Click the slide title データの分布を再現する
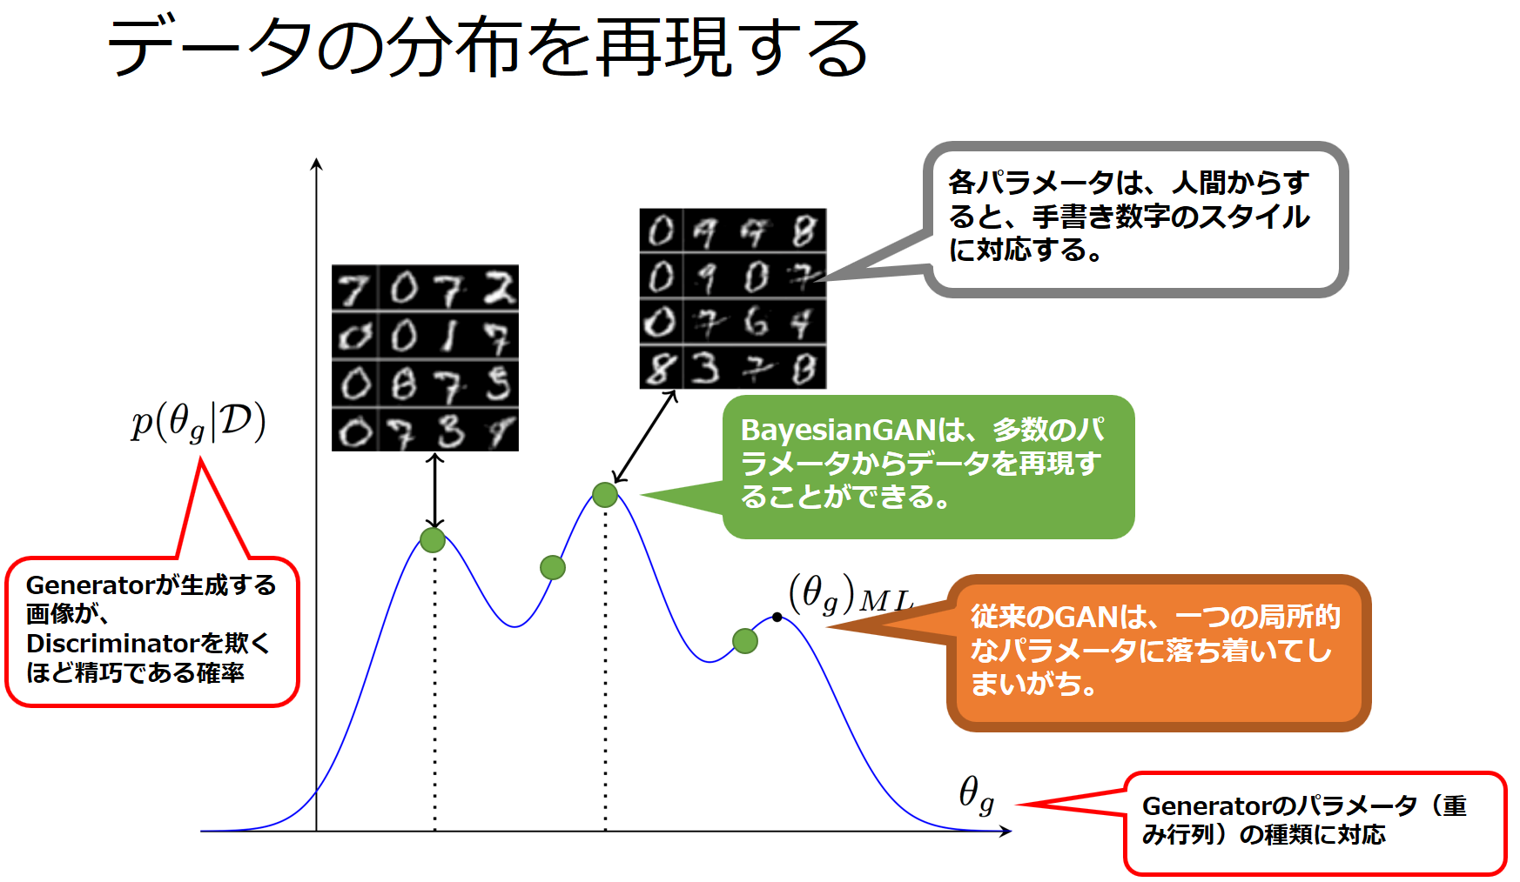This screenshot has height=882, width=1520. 488,48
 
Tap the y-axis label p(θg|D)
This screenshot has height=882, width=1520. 198,422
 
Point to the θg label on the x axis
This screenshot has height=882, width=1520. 976,795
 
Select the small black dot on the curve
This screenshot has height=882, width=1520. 777,618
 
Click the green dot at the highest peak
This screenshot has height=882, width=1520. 605,495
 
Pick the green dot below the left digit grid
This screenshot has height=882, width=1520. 433,540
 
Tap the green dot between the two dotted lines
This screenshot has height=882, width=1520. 553,568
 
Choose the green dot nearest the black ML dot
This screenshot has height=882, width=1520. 745,641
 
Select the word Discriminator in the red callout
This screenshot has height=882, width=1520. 113,643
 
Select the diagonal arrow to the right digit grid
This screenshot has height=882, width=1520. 645,436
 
